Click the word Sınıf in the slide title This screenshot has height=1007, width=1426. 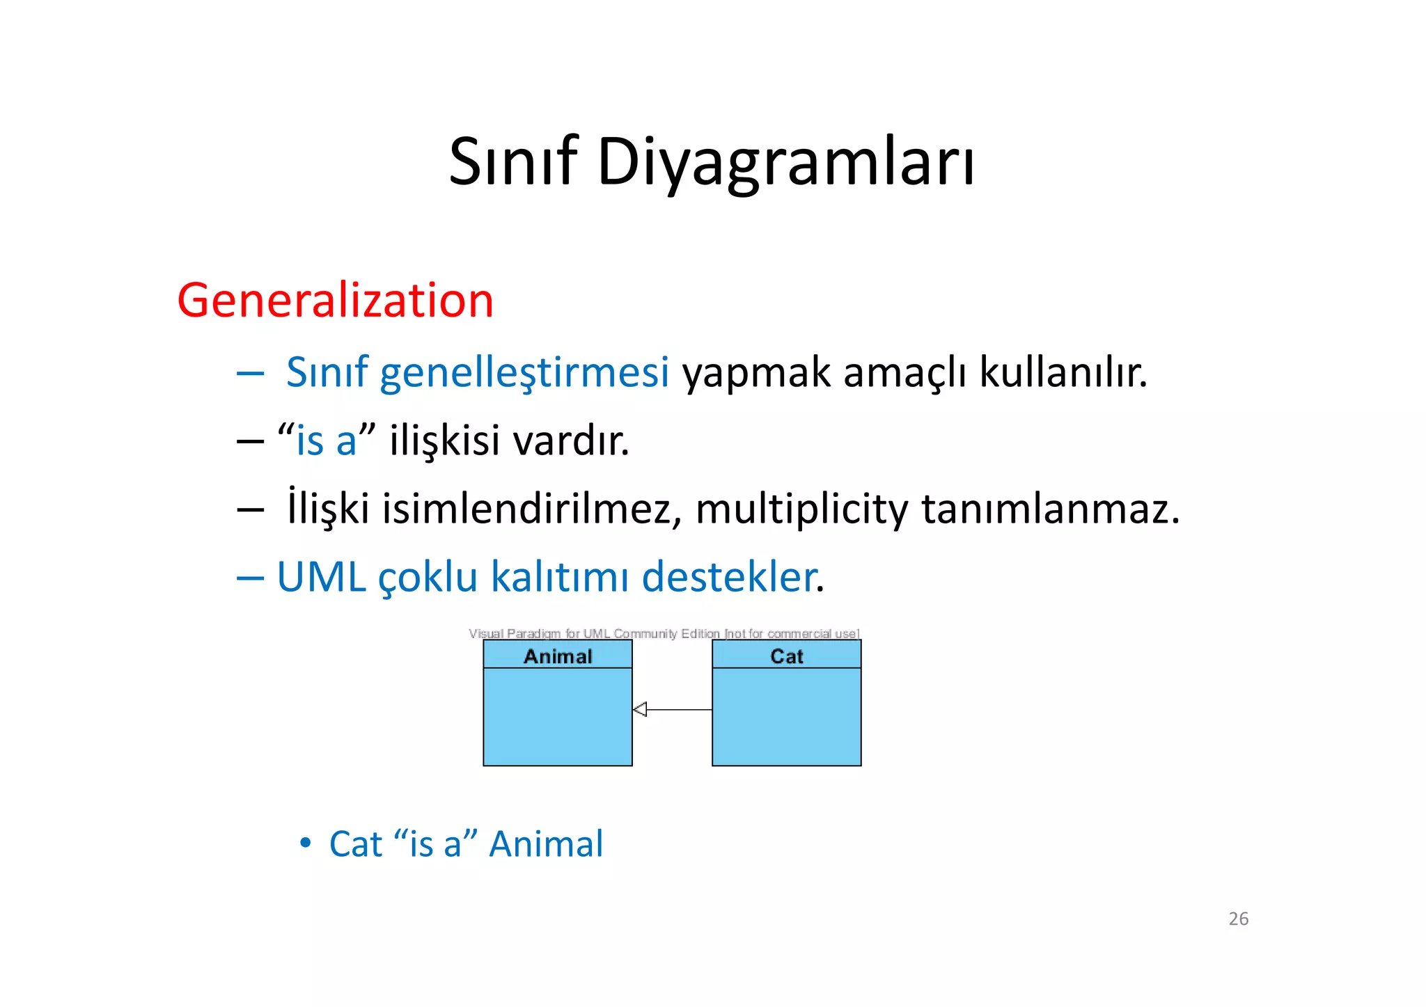coord(513,161)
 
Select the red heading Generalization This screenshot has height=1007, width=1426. coord(335,301)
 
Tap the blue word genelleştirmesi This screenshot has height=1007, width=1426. coord(524,372)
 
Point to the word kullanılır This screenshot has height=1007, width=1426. coord(1063,372)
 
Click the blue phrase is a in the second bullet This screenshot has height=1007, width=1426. coord(326,441)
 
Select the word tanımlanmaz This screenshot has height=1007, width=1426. coord(1050,509)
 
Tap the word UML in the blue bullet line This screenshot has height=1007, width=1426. coord(321,577)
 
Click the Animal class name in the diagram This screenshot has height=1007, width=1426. coord(558,656)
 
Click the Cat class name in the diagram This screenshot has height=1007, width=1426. coord(787,656)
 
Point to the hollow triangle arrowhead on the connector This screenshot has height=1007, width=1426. coord(640,710)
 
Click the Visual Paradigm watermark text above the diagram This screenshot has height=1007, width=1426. coord(664,633)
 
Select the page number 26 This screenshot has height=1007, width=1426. coord(1238,919)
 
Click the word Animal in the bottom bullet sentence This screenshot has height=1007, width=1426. coord(546,844)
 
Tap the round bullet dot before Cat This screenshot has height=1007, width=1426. coord(305,843)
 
